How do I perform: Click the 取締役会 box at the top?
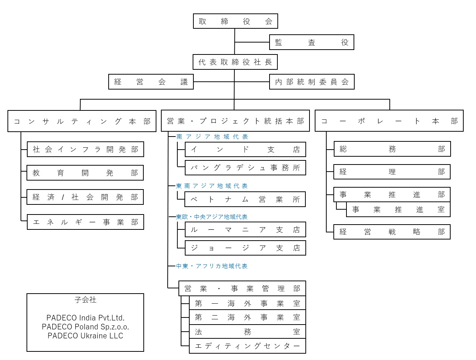235,21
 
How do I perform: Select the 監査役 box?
311,43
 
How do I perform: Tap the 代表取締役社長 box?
235,62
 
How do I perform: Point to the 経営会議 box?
151,82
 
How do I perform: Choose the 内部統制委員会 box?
311,82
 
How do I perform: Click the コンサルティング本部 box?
82,121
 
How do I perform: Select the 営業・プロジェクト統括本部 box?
235,121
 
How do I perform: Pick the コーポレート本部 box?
389,121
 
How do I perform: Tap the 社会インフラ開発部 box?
85,149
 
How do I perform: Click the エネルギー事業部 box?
85,222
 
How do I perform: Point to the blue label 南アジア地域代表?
212,137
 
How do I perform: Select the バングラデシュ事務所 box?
245,168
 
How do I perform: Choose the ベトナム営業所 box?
245,199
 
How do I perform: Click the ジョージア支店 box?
245,248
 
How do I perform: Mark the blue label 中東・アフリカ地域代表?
212,266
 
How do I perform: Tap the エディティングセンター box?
248,346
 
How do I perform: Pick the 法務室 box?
248,332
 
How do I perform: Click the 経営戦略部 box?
392,232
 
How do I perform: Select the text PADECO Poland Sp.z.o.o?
85,327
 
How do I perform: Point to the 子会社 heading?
85,300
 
